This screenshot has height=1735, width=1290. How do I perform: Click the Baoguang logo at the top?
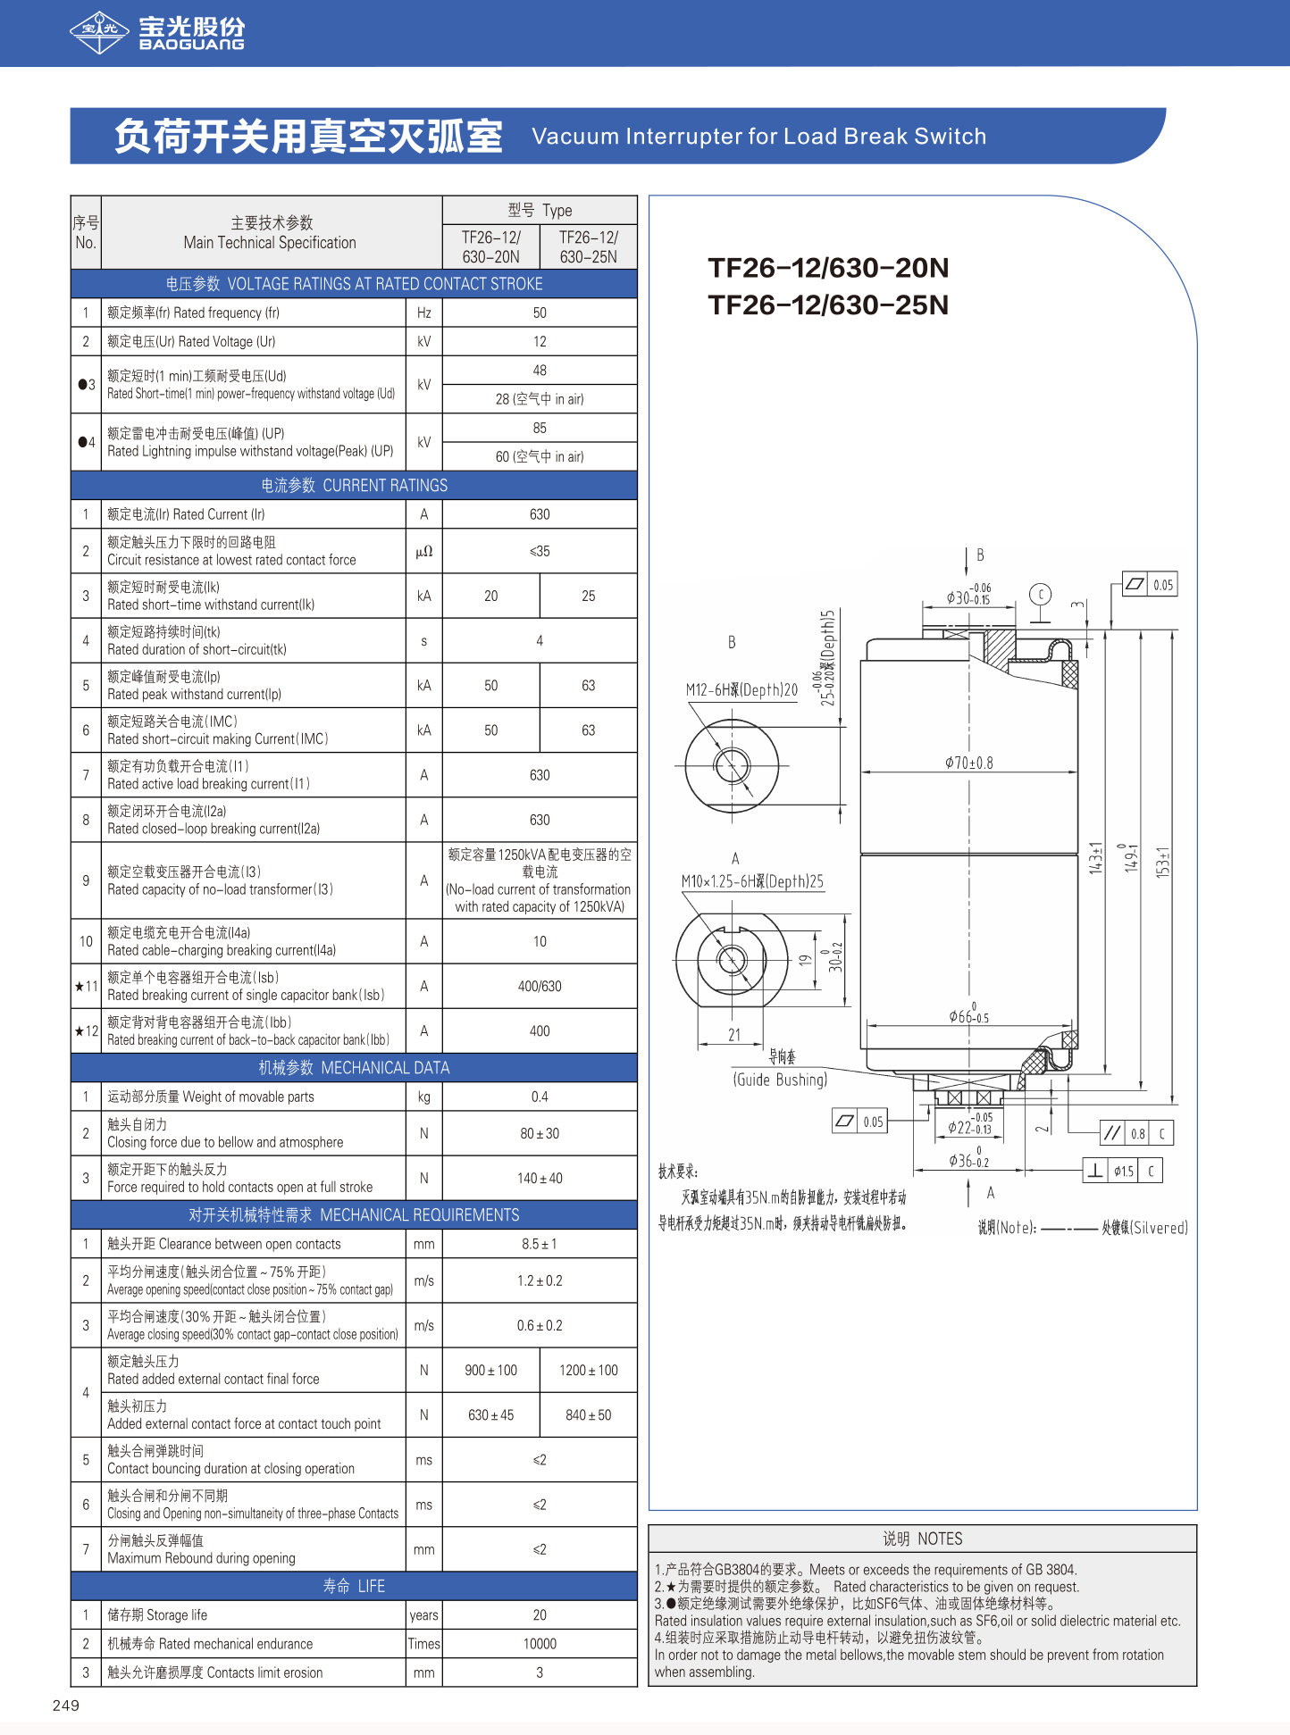coord(157,33)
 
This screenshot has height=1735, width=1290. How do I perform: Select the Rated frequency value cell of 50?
coord(540,313)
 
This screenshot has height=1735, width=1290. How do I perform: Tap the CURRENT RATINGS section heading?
coord(354,485)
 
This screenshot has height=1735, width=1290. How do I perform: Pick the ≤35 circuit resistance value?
coord(540,551)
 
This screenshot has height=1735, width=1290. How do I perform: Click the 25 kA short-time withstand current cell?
coord(589,596)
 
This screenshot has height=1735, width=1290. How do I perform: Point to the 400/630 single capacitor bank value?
coord(540,986)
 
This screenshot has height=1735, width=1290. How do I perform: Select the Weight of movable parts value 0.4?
coord(540,1097)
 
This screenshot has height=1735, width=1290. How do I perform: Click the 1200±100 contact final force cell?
coord(589,1370)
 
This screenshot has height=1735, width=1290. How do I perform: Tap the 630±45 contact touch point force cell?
coord(491,1414)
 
